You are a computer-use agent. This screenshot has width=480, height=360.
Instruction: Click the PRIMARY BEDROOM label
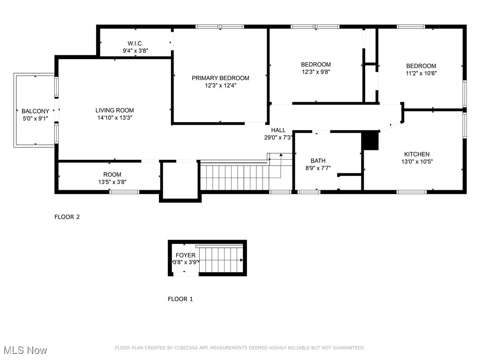[x=220, y=78]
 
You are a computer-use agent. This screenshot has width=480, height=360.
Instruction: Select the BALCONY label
[x=35, y=111]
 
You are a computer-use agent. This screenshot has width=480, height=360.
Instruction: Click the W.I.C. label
[x=135, y=43]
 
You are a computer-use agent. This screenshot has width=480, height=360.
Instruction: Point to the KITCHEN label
[x=417, y=154]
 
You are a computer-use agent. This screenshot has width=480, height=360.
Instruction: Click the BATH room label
[x=318, y=161]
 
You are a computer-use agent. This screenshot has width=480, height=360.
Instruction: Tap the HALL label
[x=278, y=130]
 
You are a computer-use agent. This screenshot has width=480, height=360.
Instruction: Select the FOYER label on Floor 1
[x=186, y=255]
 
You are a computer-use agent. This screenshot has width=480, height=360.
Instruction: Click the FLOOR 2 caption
[x=67, y=217]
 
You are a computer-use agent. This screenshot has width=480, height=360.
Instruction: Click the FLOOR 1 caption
[x=180, y=299]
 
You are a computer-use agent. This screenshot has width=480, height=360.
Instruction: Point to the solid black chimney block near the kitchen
[x=370, y=141]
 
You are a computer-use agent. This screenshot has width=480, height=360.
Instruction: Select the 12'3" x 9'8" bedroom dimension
[x=315, y=72]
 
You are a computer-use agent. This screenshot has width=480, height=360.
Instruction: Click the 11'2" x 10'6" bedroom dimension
[x=421, y=73]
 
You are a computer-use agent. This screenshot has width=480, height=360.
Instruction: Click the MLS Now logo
[x=25, y=350]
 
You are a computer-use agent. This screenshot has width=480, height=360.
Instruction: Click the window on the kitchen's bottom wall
[x=412, y=191]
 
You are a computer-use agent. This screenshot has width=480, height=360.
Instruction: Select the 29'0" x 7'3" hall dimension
[x=278, y=138]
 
